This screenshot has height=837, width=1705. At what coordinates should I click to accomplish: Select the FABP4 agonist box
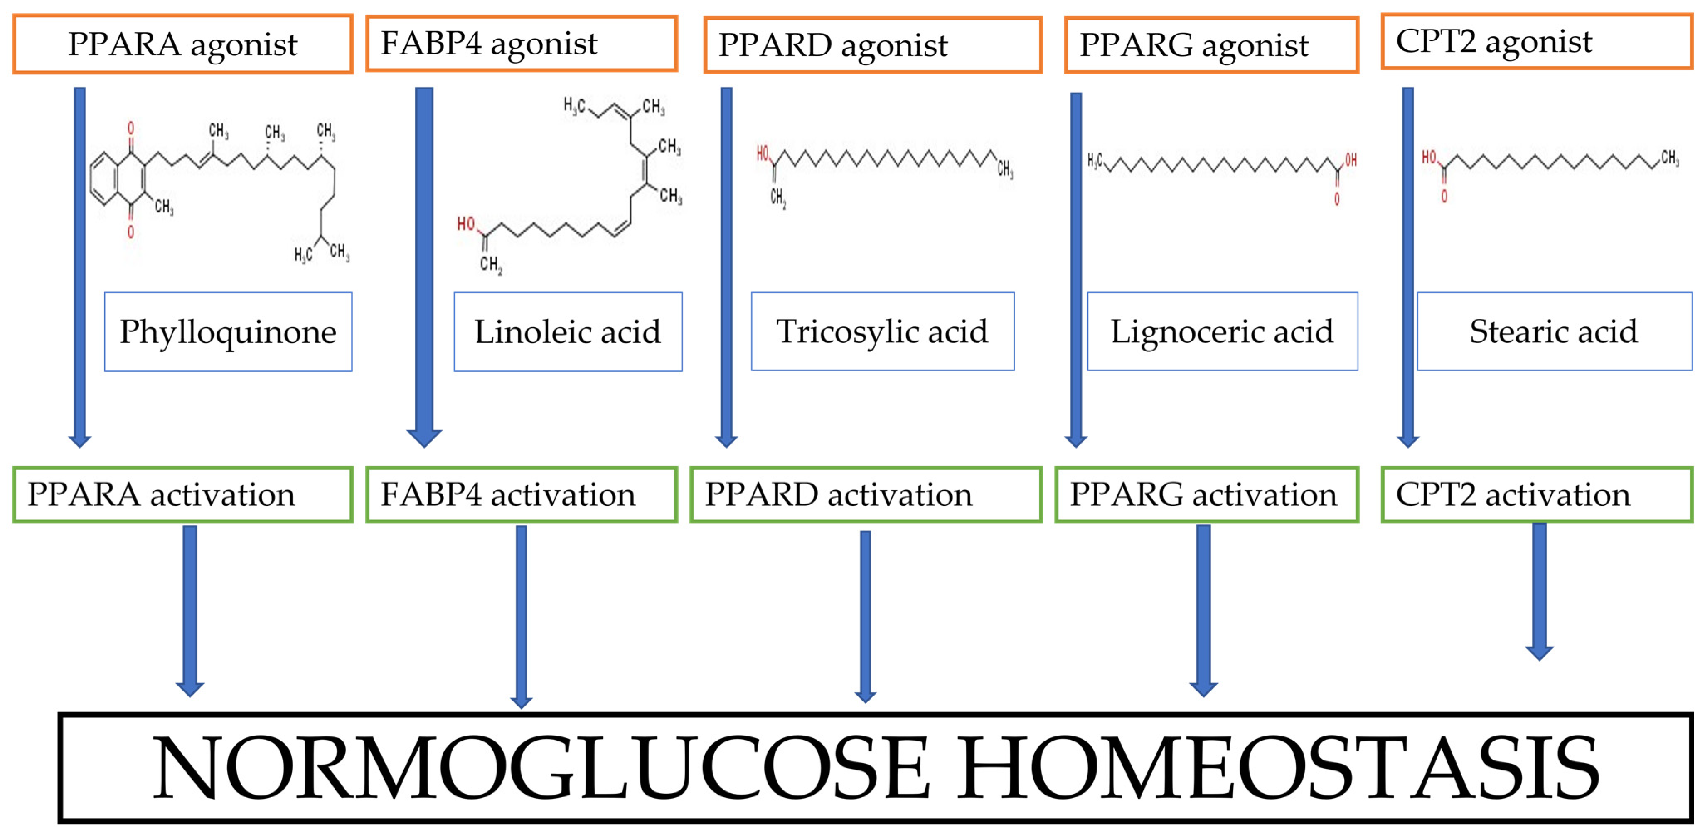tap(522, 43)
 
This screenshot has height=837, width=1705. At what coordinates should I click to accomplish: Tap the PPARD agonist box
tap(873, 45)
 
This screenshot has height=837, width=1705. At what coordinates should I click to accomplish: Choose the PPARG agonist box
tap(1211, 45)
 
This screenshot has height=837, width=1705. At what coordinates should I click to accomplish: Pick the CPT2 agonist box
tap(1537, 41)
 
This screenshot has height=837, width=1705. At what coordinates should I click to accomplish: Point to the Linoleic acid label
tap(568, 332)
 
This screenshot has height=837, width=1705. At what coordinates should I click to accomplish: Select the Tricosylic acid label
tap(882, 331)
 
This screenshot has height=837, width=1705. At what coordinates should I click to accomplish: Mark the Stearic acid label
tap(1554, 331)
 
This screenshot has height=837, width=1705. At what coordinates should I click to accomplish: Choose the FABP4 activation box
tap(522, 495)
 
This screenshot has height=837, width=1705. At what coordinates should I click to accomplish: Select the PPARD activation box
tap(866, 495)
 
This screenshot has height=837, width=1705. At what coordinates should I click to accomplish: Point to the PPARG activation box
tap(1207, 495)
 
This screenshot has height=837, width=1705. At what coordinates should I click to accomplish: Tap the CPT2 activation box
tap(1537, 495)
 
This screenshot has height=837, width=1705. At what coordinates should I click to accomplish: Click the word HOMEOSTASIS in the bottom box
tap(1277, 768)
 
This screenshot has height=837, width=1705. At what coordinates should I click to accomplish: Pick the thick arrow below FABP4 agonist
tap(424, 265)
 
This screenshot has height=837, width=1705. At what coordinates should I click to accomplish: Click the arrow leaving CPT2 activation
tap(1540, 589)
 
